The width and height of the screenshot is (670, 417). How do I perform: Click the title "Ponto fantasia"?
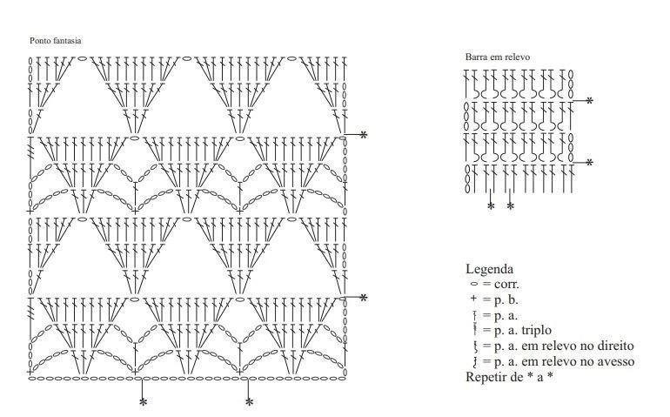(55, 41)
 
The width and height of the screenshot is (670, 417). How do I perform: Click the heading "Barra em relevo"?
(498, 57)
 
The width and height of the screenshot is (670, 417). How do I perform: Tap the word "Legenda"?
(489, 269)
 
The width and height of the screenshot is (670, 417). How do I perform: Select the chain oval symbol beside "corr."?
(474, 284)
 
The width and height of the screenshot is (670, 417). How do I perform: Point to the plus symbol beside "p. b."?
(473, 299)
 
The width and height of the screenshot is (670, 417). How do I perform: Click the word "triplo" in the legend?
(536, 331)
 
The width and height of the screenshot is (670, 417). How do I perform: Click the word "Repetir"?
(486, 377)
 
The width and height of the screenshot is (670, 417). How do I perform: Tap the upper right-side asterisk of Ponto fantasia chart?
(363, 135)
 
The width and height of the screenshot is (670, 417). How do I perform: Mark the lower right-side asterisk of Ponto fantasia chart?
(363, 298)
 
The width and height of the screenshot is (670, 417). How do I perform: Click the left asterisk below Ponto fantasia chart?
(144, 402)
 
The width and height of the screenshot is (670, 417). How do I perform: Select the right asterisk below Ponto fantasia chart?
(249, 402)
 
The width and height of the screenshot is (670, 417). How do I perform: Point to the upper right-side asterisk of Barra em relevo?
(589, 101)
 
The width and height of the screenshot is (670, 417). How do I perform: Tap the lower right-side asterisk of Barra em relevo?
(589, 163)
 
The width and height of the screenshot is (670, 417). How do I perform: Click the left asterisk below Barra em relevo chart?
(491, 206)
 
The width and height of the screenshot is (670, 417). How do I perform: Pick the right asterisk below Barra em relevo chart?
(511, 206)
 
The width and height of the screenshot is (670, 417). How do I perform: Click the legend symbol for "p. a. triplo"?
(474, 330)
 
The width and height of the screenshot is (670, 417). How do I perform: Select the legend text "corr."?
(506, 284)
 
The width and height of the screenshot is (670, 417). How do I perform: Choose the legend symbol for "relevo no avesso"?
(474, 362)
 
